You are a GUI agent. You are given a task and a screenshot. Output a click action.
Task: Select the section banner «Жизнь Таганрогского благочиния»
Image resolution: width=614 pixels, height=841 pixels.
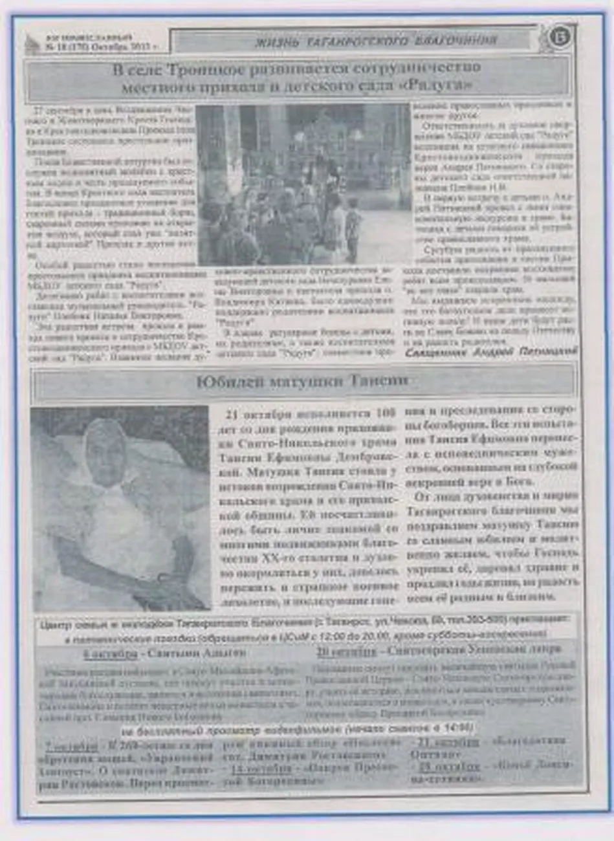click(x=375, y=41)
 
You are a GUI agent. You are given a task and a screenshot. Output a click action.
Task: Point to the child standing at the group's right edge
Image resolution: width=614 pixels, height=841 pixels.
click(x=353, y=226)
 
